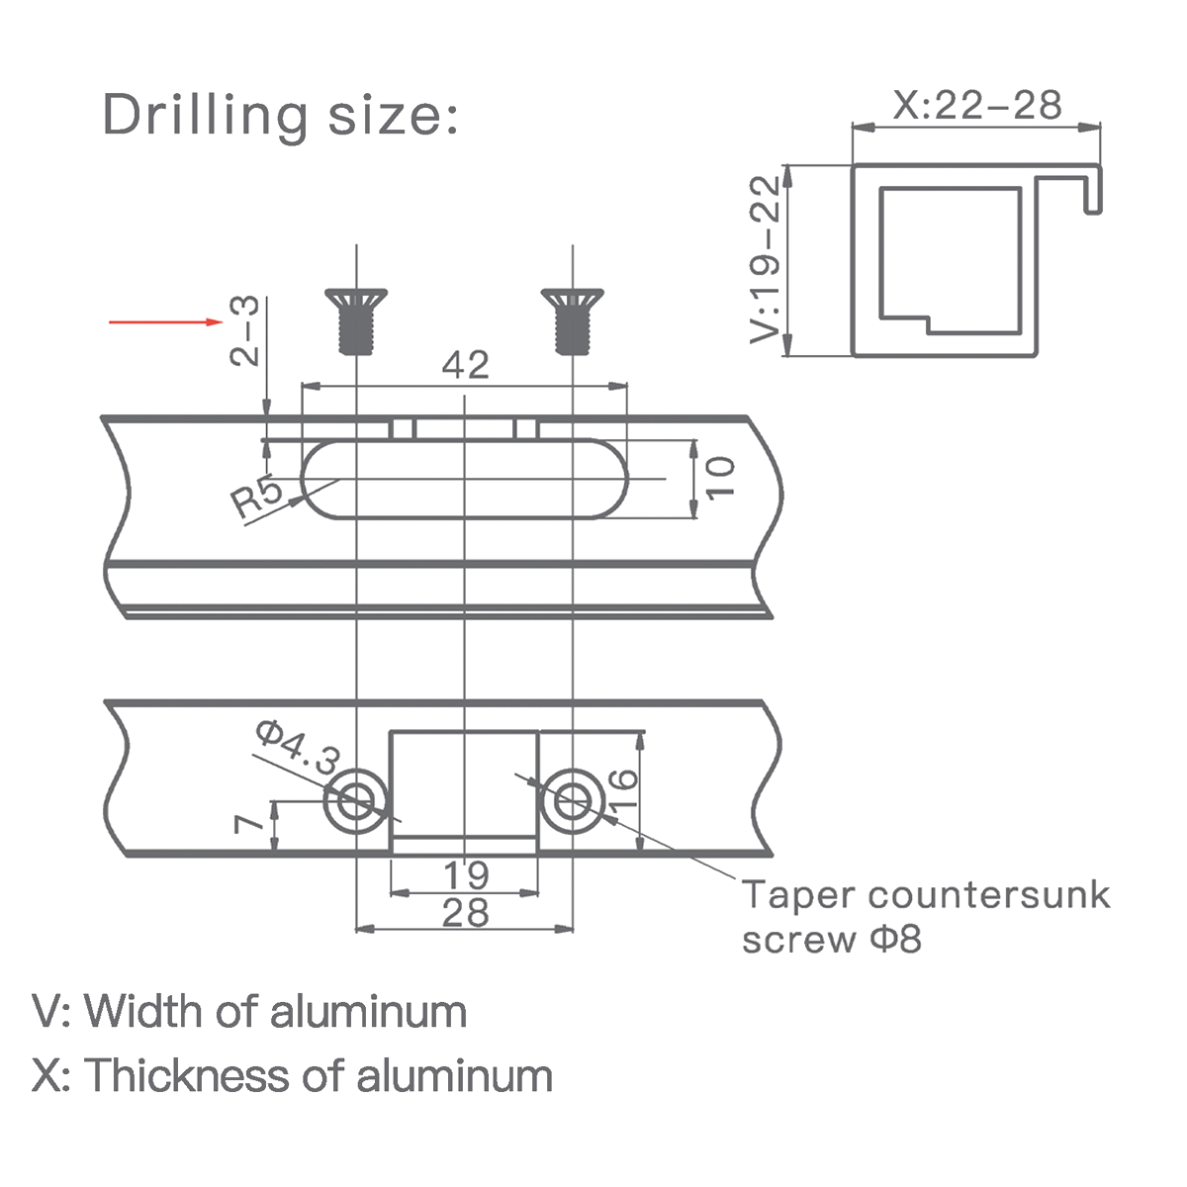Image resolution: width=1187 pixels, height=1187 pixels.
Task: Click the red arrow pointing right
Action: (164, 321)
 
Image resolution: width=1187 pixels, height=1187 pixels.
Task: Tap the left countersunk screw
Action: (355, 320)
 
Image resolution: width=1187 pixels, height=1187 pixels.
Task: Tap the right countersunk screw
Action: (573, 320)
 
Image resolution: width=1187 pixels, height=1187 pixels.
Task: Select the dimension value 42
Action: (465, 365)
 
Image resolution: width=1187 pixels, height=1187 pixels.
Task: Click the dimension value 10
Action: (721, 478)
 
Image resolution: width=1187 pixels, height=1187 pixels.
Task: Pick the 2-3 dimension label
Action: (244, 330)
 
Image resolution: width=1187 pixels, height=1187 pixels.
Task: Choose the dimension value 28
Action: (465, 913)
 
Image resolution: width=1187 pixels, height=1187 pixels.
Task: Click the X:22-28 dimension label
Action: (976, 104)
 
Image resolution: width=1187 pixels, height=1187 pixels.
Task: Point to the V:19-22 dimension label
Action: (766, 259)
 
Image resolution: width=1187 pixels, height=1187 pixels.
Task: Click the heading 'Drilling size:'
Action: (281, 115)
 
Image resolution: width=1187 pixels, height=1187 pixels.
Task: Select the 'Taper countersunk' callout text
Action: (926, 895)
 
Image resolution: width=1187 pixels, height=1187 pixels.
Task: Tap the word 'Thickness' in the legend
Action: (188, 1075)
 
